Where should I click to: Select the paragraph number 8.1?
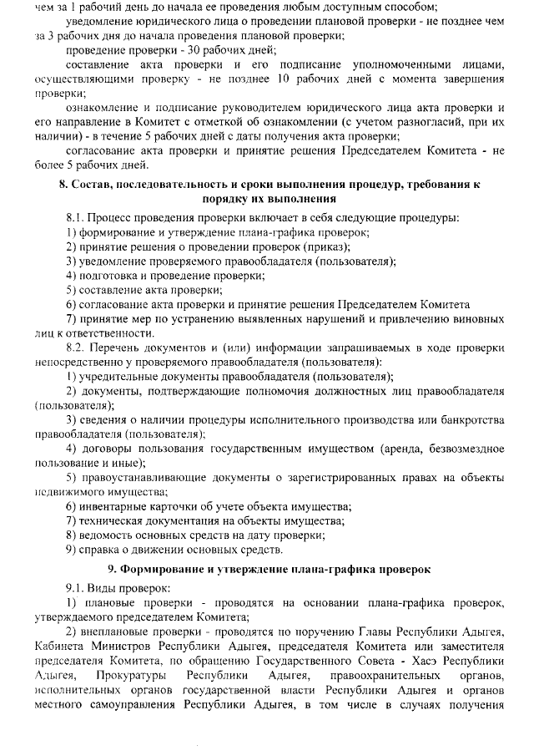76,218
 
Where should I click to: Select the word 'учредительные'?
123,377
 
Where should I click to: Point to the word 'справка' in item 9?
103,550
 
